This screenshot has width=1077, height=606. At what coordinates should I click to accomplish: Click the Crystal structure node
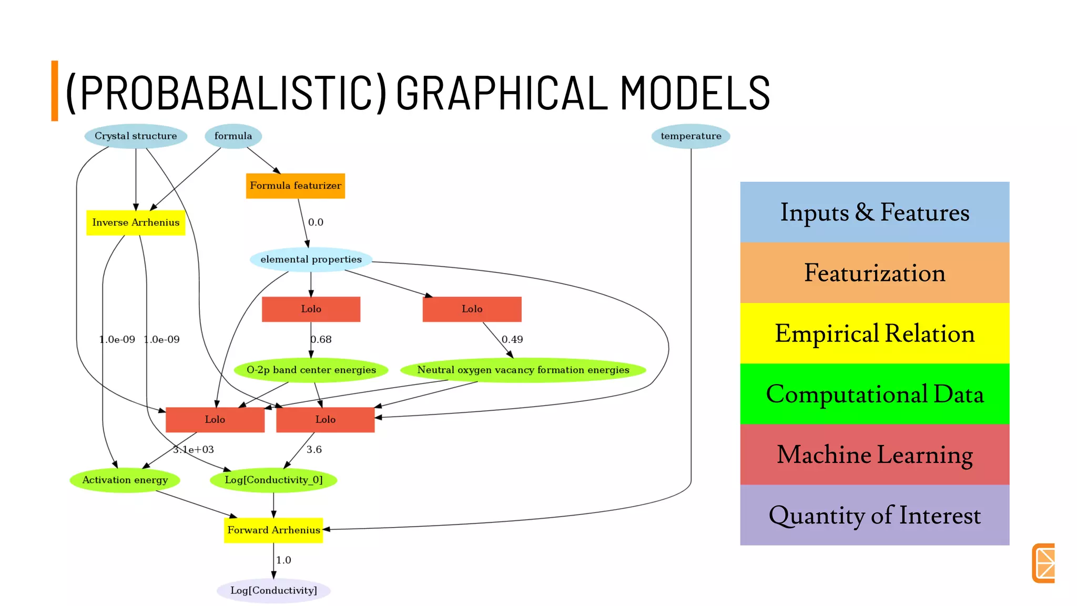136,136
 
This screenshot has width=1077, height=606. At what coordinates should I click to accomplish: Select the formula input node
233,136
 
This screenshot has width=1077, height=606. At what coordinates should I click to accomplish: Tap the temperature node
690,136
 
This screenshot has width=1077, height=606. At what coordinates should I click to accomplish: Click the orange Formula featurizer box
295,186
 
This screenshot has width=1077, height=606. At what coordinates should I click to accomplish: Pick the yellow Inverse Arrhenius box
136,223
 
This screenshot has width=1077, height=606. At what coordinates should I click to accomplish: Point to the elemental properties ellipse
311,259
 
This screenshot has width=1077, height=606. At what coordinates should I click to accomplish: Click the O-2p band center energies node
311,370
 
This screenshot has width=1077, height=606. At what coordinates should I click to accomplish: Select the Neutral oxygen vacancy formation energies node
523,370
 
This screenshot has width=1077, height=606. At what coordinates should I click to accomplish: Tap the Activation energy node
125,480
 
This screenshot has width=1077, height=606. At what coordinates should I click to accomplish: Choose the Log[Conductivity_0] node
273,480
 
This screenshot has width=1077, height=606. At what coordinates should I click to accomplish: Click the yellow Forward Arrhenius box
273,530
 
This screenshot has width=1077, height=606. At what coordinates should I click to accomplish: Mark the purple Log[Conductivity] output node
273,590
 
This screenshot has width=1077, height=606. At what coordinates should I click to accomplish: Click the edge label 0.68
321,339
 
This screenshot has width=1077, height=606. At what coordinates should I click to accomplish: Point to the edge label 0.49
512,339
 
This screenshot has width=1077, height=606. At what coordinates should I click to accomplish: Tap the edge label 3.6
314,449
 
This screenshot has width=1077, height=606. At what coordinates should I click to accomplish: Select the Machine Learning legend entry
874,454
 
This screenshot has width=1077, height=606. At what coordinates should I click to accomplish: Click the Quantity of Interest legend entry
874,515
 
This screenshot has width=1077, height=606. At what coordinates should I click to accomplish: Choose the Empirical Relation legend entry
874,334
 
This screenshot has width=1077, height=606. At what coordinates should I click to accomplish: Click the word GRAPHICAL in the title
502,93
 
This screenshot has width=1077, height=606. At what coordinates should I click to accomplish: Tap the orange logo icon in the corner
1044,563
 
